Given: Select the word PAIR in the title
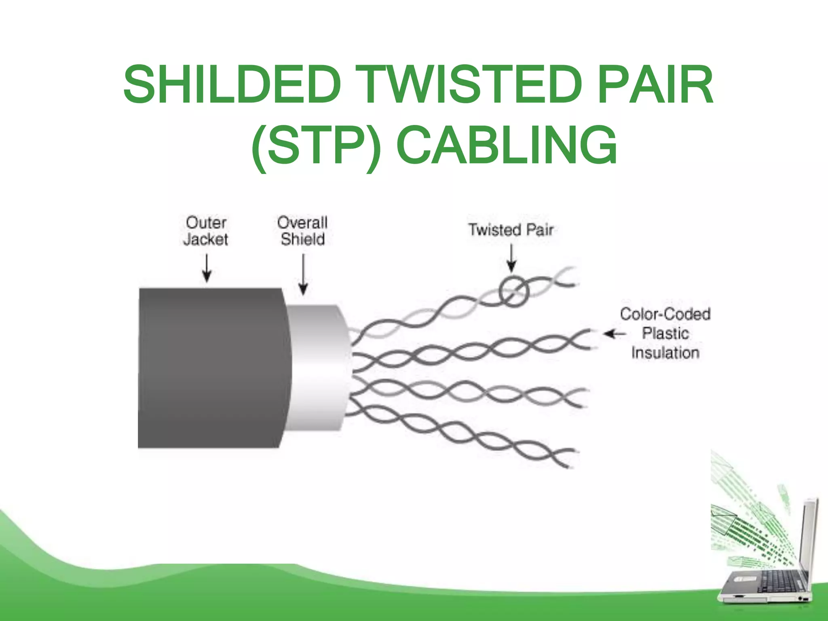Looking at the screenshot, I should click(655, 85).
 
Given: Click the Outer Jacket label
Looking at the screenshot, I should click(206, 231).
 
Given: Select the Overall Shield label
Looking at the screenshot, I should click(303, 231).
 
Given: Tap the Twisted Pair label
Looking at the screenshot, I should click(511, 230).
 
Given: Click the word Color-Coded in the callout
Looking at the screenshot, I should click(665, 314).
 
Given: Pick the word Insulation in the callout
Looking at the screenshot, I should click(665, 353).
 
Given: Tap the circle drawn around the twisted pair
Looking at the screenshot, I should click(514, 291).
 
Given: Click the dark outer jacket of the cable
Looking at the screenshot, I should click(210, 368).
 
